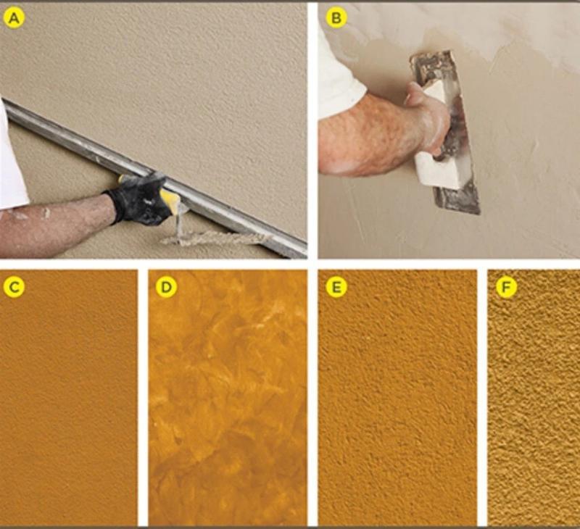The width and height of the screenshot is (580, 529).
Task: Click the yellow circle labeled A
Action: tap(14, 18)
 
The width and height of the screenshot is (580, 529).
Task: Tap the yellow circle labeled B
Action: tap(336, 17)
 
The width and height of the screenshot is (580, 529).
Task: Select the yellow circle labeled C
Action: tap(14, 286)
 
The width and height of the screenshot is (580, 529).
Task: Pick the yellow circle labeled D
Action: tap(167, 286)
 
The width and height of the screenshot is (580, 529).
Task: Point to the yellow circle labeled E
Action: tap(336, 286)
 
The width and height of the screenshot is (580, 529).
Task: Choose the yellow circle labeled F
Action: tap(506, 286)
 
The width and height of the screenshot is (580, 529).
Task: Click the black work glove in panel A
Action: tap(138, 199)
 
